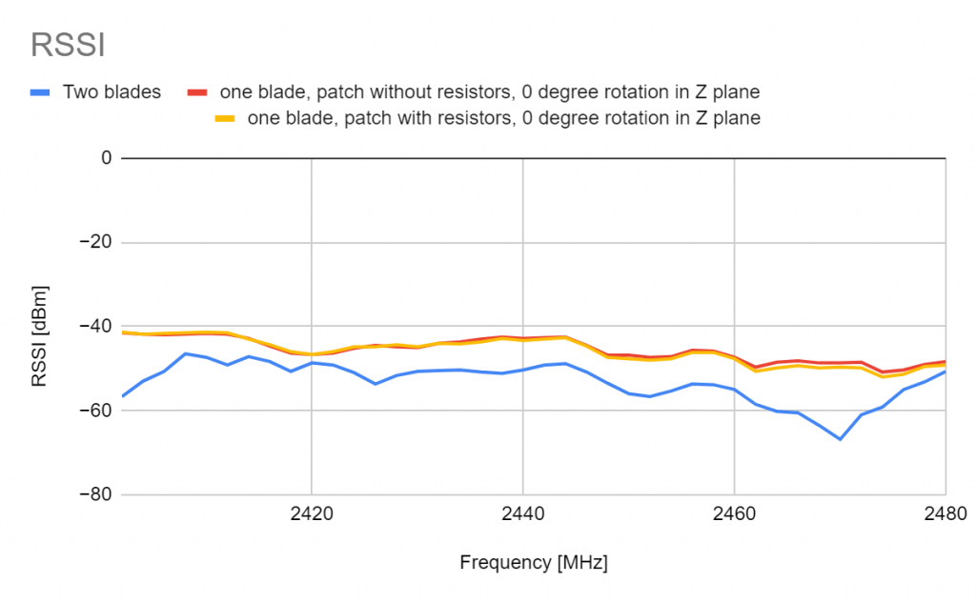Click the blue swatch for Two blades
click(40, 92)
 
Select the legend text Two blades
click(112, 92)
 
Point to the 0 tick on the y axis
click(107, 158)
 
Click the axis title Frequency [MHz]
click(533, 562)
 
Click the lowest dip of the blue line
click(840, 439)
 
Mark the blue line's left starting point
click(122, 395)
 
